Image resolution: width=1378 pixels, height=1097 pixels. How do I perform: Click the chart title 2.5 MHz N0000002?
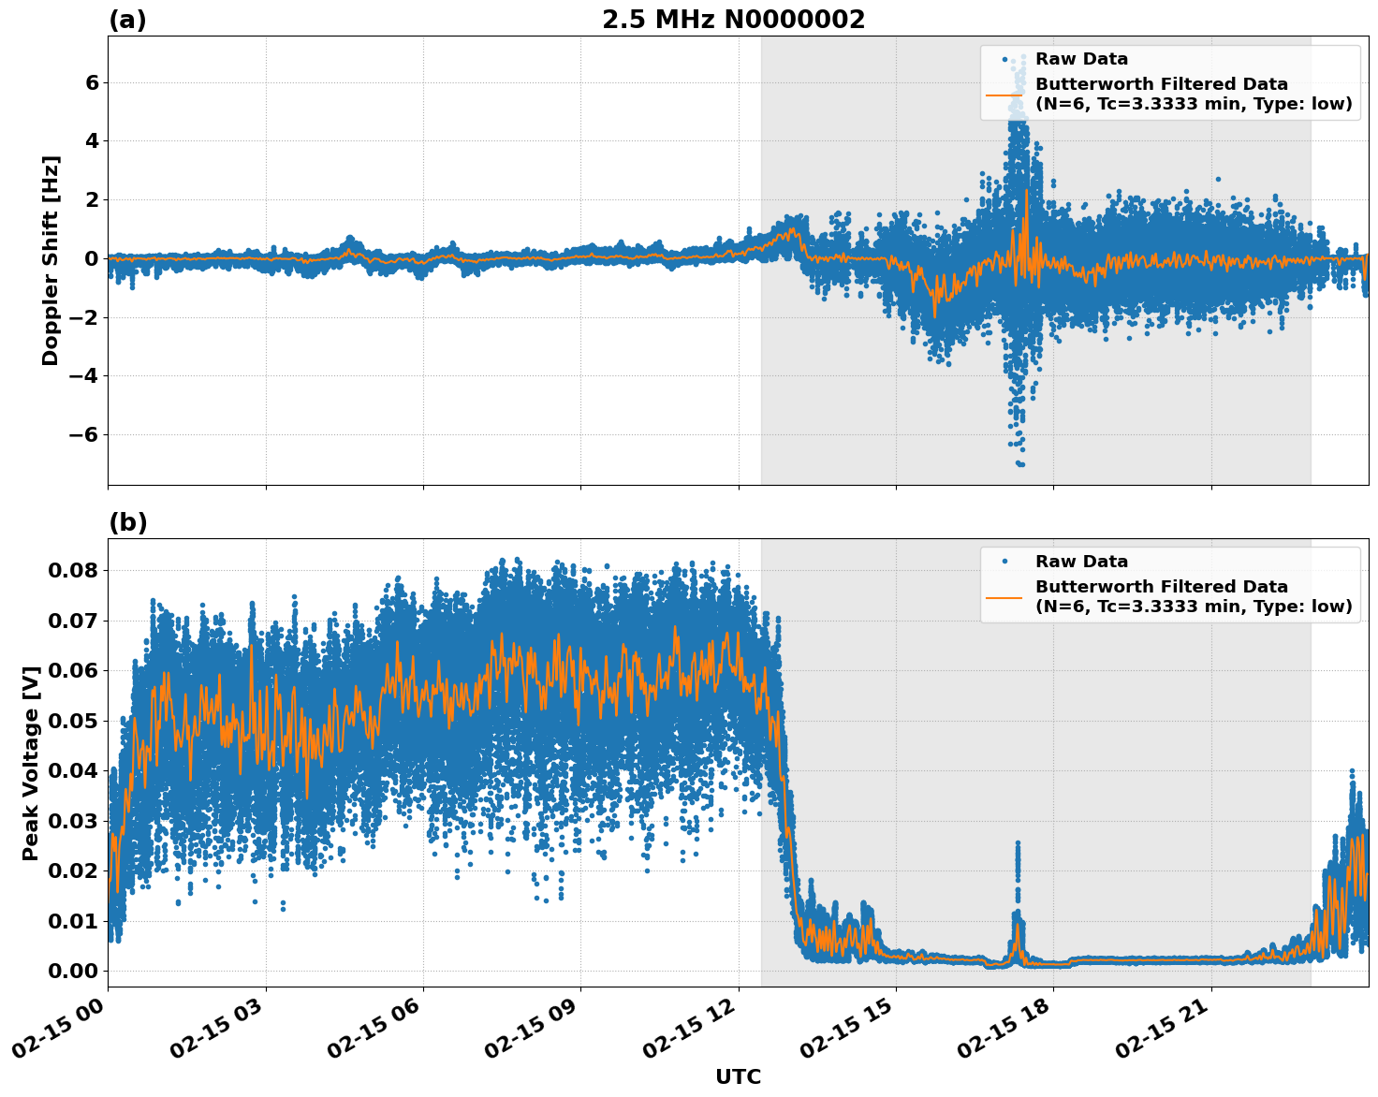pos(733,20)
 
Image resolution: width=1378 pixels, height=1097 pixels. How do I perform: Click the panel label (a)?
pos(127,20)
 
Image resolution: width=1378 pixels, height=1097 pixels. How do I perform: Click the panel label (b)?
pos(127,522)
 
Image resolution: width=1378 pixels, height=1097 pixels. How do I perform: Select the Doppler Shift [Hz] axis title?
pos(51,260)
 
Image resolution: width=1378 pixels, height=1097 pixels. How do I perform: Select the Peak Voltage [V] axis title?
pos(31,763)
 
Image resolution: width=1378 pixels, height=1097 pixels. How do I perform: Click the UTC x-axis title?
pos(738,1076)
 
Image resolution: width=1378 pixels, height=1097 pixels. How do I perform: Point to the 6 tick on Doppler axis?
pos(92,82)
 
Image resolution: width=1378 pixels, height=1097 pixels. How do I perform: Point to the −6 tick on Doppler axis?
pos(85,434)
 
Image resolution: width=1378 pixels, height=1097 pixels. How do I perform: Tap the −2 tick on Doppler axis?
pos(85,317)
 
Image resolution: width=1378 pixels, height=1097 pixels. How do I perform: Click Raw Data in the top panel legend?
pos(1081,59)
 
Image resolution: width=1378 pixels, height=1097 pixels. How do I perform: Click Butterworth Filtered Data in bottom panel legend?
pos(1161,587)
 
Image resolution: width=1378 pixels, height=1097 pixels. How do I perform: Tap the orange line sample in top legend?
pos(1004,95)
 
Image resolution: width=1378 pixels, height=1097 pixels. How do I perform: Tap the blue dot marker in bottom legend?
pos(1004,562)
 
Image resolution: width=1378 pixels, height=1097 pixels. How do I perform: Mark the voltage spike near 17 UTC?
pos(1018,847)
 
